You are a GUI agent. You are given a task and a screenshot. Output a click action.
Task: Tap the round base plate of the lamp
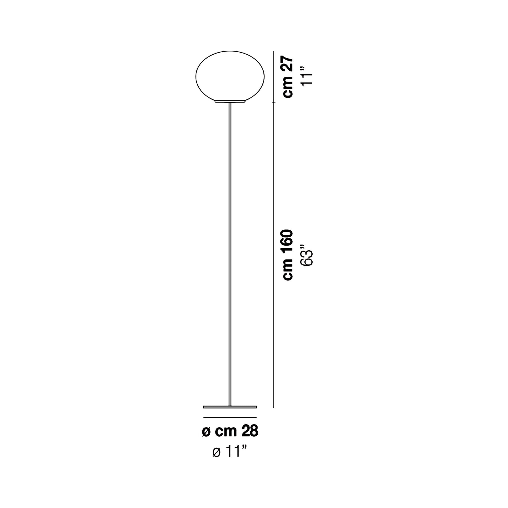coord(230,407)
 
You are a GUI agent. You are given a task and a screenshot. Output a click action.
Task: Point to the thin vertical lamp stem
coord(230,254)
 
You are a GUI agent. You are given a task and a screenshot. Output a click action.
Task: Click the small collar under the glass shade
coord(230,101)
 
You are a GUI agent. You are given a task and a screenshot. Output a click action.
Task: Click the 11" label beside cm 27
coord(307,76)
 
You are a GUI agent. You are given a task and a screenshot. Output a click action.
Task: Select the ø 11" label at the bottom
coord(230,459)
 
